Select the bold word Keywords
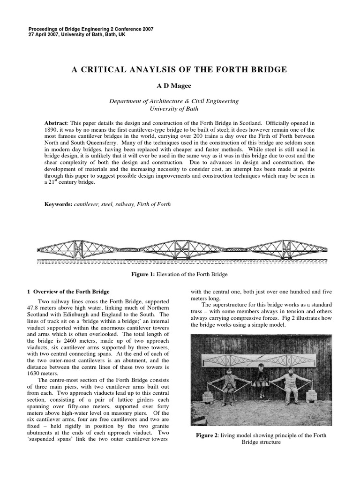point(58,204)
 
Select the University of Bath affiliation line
point(174,108)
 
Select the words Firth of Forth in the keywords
point(155,204)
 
